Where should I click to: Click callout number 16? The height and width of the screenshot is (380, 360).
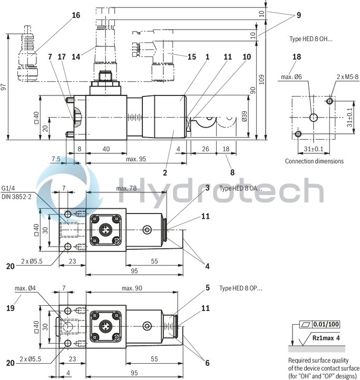coord(76,15)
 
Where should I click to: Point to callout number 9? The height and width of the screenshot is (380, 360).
coord(298,15)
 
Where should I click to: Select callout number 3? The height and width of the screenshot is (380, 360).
coord(208,188)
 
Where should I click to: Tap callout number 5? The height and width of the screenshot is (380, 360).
coord(208,288)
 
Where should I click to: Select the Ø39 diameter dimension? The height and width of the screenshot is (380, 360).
coord(244,116)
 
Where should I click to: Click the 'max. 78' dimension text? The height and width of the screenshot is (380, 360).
coord(126,188)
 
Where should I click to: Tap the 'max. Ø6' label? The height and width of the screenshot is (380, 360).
coord(291,77)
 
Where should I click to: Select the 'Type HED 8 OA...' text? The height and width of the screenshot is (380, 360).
coord(240,188)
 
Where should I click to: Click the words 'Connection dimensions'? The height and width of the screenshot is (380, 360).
coord(314,161)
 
